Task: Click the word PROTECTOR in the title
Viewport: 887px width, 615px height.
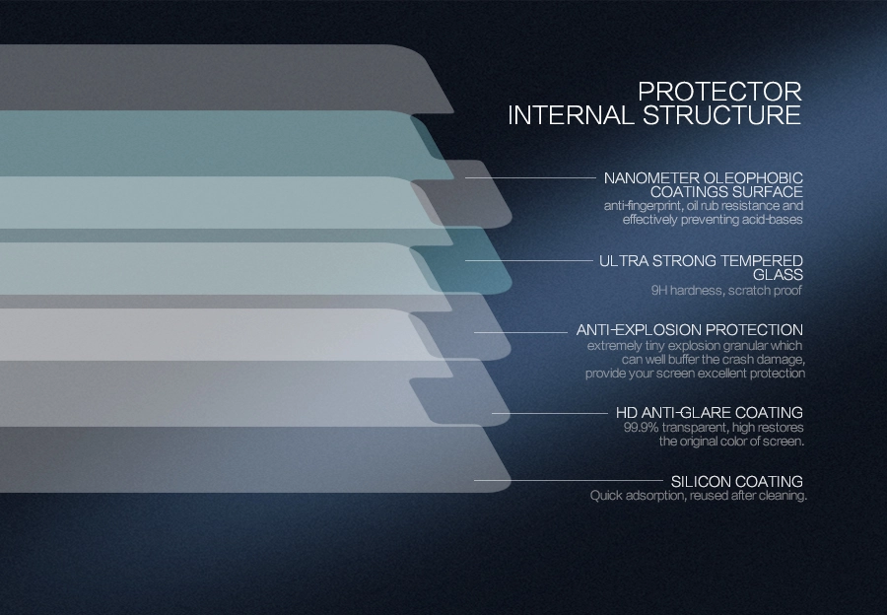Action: click(719, 92)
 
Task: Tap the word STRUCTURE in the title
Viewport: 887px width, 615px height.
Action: click(721, 115)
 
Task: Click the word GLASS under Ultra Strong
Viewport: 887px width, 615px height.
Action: click(778, 275)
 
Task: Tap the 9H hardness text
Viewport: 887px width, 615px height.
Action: click(687, 291)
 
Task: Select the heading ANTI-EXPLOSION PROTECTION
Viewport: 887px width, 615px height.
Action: click(690, 330)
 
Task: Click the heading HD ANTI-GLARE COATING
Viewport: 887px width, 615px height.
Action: click(710, 412)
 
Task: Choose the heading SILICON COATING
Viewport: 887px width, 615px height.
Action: click(737, 482)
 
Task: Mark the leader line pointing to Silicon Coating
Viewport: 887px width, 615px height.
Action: click(569, 481)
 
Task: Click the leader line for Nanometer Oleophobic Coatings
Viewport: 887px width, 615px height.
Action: click(530, 177)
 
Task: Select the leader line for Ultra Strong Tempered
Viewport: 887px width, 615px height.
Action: click(528, 261)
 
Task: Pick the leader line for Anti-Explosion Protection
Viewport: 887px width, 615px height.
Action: click(520, 332)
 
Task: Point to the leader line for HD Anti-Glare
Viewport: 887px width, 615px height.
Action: click(550, 414)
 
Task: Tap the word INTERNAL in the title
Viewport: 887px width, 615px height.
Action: click(572, 115)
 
